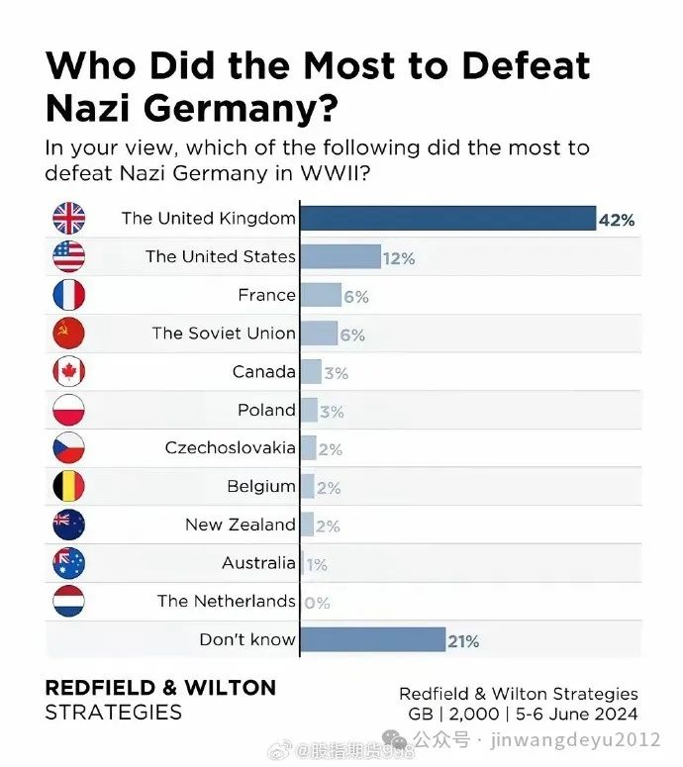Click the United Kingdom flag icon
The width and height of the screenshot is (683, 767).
[x=68, y=218]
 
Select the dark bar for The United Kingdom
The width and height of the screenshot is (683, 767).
[x=446, y=218]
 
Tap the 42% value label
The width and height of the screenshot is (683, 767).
[x=616, y=220]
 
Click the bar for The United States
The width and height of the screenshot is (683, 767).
[x=340, y=256]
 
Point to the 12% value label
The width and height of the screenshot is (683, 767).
[x=400, y=258]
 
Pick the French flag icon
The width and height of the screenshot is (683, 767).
[x=68, y=295]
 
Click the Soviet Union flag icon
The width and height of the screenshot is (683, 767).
[x=68, y=334]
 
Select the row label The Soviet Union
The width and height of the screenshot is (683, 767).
[x=224, y=334]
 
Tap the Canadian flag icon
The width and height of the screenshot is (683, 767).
[x=68, y=372]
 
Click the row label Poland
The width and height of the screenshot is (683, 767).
[x=266, y=410]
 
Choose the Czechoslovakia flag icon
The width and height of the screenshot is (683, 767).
[x=68, y=448]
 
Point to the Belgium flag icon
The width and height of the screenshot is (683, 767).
[x=68, y=487]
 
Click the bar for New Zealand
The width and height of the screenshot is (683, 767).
[x=307, y=525]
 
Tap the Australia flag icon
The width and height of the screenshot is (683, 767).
[x=68, y=563]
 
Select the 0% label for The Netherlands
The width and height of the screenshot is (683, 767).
[x=317, y=603]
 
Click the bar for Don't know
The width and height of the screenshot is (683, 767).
[x=372, y=639]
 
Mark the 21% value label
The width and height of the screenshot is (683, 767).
[x=463, y=641]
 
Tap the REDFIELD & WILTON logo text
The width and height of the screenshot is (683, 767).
[x=160, y=688]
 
